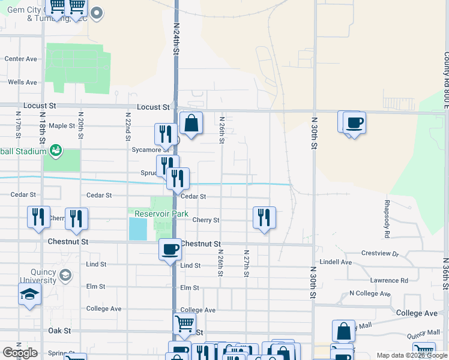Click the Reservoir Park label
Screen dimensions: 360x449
pyautogui.click(x=161, y=214)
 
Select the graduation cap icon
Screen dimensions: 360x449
pyautogui.click(x=29, y=295)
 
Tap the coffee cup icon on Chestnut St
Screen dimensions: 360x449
pyautogui.click(x=170, y=248)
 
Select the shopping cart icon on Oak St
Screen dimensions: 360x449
pyautogui.click(x=184, y=324)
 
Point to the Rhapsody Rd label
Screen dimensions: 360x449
pyautogui.click(x=387, y=218)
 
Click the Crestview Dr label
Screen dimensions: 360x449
pyautogui.click(x=380, y=254)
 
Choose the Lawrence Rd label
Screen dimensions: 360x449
pyautogui.click(x=388, y=280)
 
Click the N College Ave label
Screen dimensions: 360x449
pyautogui.click(x=370, y=294)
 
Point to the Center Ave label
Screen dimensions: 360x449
pyautogui.click(x=21, y=59)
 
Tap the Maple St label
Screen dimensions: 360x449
pyautogui.click(x=61, y=126)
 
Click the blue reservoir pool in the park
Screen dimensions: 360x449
pyautogui.click(x=138, y=229)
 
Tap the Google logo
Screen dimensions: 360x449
pyautogui.click(x=20, y=353)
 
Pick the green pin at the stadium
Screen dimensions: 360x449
pyautogui.click(x=56, y=149)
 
